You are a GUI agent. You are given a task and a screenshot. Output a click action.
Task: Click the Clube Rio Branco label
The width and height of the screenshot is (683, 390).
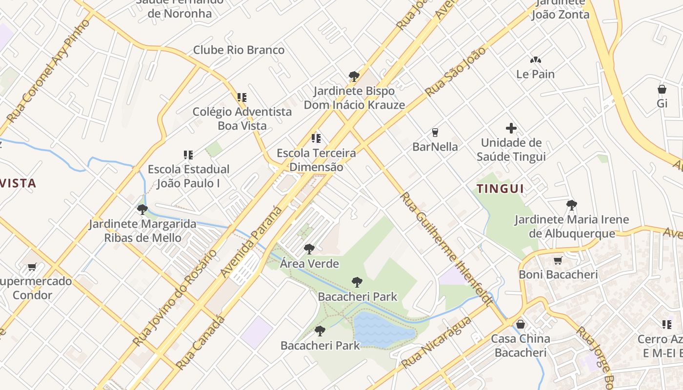[x=239, y=50]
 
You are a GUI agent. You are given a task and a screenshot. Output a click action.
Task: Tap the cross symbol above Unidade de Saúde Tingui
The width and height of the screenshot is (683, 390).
[x=511, y=129]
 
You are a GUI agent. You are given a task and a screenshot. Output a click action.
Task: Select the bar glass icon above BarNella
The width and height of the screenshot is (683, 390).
[x=435, y=132]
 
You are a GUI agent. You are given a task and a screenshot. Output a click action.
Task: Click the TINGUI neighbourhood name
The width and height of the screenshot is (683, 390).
[x=500, y=189]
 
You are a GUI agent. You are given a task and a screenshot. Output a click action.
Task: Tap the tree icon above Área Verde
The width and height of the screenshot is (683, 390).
[x=309, y=249]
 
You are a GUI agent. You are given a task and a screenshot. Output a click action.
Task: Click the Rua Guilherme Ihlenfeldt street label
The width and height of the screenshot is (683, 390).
[x=445, y=248]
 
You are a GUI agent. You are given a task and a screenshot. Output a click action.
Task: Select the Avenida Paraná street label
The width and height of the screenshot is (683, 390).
[x=251, y=242]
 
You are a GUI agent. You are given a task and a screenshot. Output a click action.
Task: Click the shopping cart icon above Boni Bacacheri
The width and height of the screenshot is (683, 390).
[x=558, y=260]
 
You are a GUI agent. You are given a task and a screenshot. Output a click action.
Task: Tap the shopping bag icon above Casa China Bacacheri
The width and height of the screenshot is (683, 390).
[x=521, y=324]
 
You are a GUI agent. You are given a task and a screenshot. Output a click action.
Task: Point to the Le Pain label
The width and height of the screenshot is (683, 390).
[x=535, y=75]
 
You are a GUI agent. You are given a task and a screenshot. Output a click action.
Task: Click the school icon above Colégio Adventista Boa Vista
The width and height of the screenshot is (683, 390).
[x=241, y=97]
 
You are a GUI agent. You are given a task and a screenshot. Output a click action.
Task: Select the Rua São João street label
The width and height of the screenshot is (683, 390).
[x=455, y=71]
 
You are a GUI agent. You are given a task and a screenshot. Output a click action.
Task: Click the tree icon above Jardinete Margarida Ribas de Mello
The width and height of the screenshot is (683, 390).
[x=142, y=210]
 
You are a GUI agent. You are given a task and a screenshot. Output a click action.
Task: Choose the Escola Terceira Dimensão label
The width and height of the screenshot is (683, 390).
[x=316, y=160]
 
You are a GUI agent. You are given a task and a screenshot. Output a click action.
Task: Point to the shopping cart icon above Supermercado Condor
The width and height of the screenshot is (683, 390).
[x=32, y=267]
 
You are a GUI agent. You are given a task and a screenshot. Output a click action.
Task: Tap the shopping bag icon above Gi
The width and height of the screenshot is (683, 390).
[x=662, y=89]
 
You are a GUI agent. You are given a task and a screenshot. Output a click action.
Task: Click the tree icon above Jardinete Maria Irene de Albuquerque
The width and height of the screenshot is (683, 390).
[x=571, y=205]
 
